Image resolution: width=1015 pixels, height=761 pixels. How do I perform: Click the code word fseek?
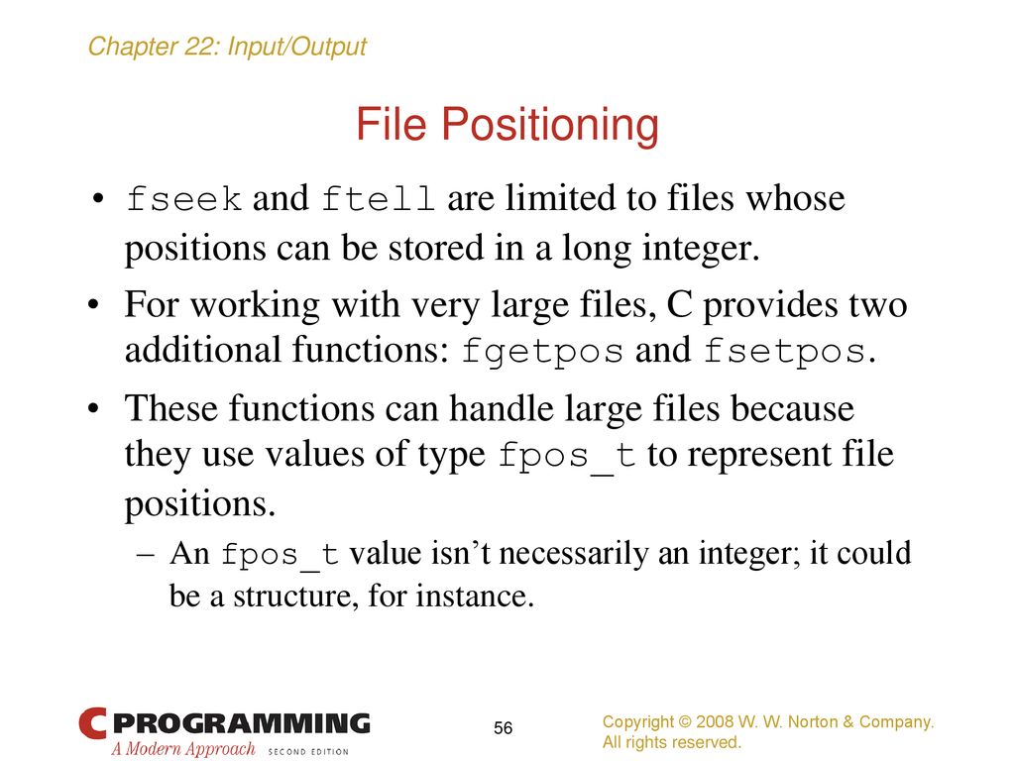pos(183,198)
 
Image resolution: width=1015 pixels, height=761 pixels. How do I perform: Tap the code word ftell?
pos(378,198)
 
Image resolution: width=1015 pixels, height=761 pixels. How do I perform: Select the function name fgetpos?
pos(542,352)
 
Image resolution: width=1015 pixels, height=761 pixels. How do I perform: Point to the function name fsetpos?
pos(785,351)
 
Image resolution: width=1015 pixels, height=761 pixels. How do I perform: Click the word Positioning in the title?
pos(550,125)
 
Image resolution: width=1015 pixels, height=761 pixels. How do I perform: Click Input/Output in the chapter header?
pos(297,48)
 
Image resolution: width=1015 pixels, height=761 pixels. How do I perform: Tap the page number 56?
pos(503,728)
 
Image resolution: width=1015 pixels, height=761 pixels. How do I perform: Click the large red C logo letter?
pos(92,722)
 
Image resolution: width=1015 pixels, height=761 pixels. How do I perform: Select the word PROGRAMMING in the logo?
pos(246,722)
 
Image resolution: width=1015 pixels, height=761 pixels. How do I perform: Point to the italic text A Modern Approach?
pos(183,749)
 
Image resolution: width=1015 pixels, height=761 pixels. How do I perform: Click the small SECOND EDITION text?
pos(308,751)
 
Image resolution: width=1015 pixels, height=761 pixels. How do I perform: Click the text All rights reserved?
pos(671,741)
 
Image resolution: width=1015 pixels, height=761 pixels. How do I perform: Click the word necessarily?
pos(574,554)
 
